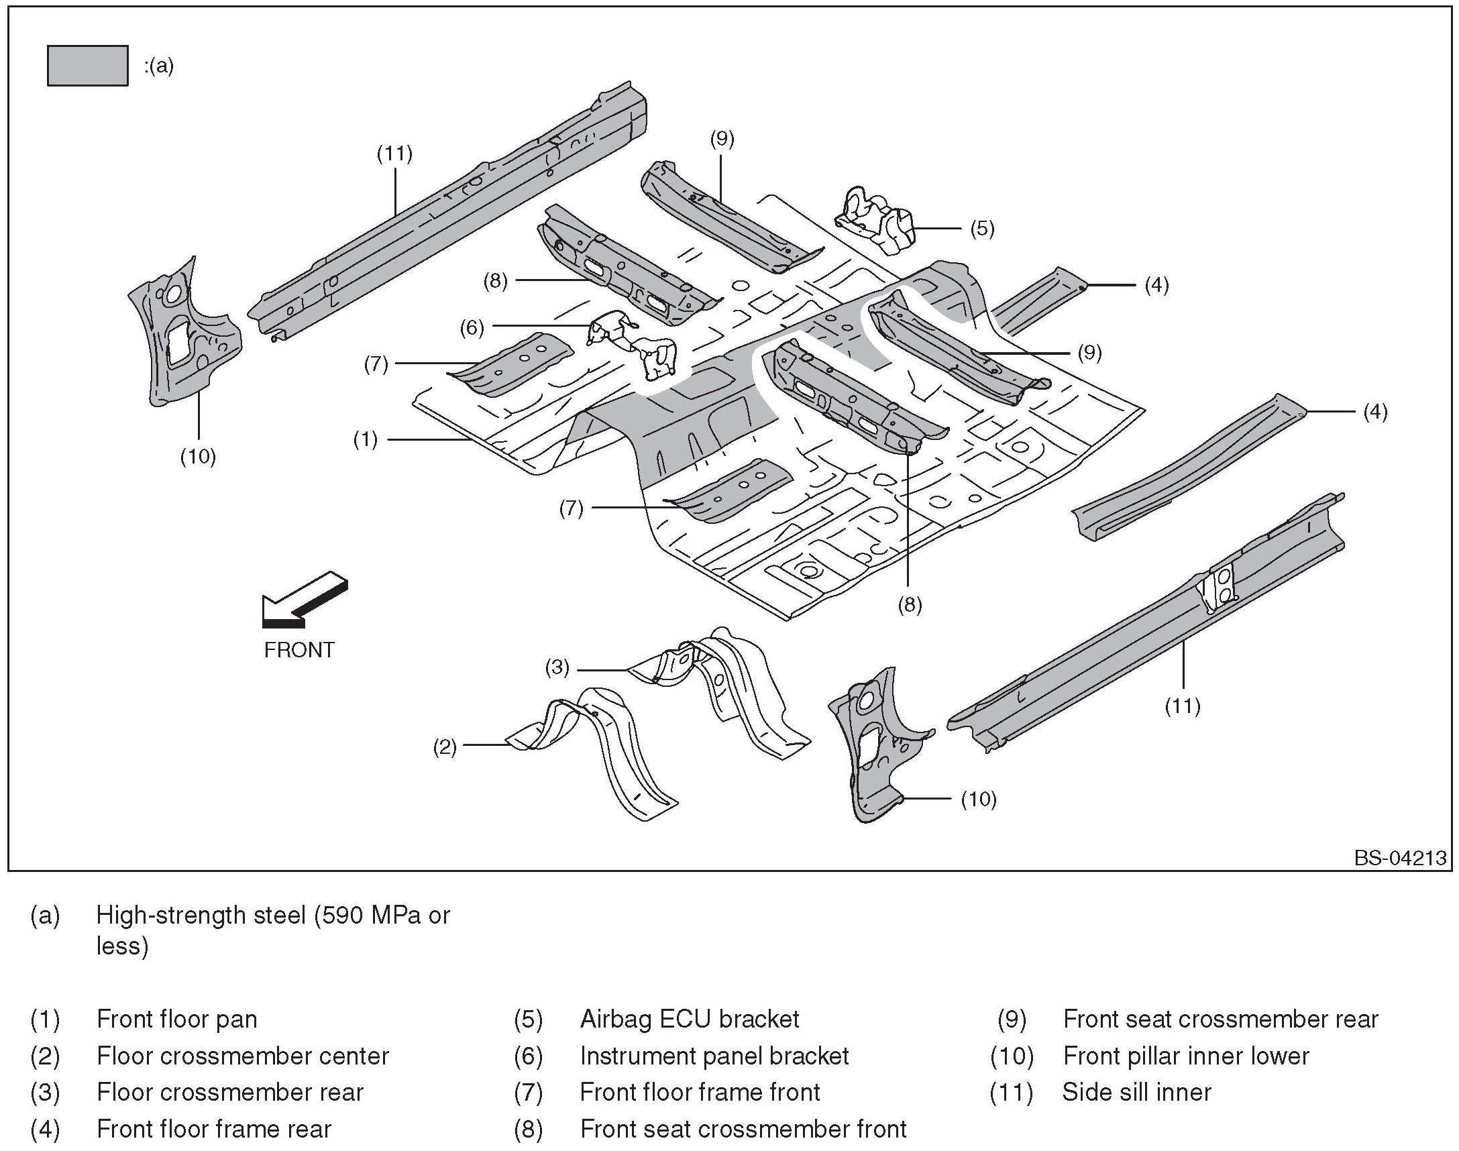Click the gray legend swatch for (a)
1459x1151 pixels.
point(88,66)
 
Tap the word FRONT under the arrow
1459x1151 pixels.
point(299,651)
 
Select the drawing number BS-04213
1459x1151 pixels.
point(1401,858)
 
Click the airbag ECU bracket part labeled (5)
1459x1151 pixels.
point(875,221)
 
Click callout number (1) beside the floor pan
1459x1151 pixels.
point(366,440)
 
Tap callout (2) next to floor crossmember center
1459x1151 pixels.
point(445,747)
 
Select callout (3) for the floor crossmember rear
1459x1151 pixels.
point(557,668)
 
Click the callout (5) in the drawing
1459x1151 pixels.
point(982,229)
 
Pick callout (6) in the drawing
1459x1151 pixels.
point(472,327)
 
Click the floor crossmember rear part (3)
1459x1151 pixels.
point(721,694)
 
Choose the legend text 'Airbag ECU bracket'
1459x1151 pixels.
point(690,1020)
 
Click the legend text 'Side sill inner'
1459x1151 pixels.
point(1137,1093)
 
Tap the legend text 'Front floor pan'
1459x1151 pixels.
point(177,1020)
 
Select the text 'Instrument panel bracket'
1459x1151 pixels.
point(714,1056)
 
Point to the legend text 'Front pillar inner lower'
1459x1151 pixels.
point(1186,1056)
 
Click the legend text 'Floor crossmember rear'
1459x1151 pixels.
point(231,1093)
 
